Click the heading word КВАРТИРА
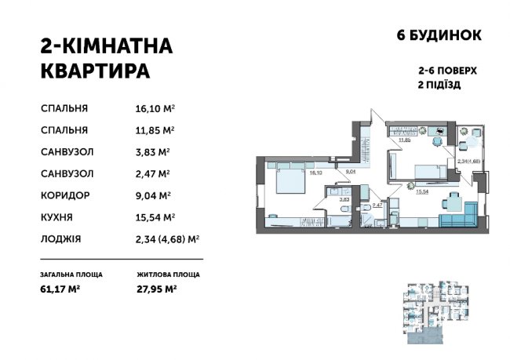(x=94, y=71)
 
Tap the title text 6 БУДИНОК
(x=435, y=35)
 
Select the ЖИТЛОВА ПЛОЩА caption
(x=167, y=275)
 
